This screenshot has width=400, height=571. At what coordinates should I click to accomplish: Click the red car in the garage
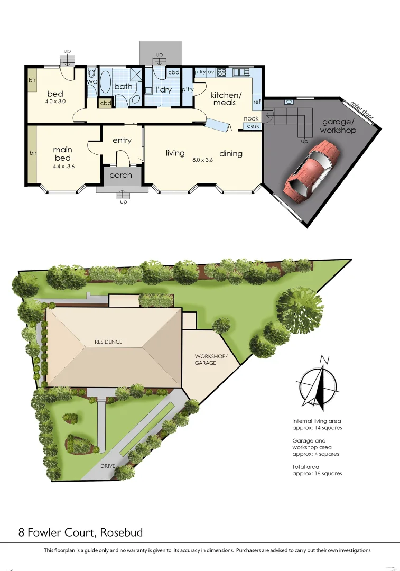tap(310, 168)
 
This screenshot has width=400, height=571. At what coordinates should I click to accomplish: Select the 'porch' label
tap(120, 176)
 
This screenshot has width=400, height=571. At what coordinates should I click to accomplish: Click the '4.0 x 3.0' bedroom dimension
tap(55, 102)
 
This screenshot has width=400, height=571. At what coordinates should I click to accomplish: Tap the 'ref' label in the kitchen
tap(257, 102)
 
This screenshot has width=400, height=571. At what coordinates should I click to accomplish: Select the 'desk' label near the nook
tap(253, 126)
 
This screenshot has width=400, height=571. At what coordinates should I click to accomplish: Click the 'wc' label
tap(91, 82)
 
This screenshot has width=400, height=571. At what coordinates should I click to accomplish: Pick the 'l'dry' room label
tap(163, 90)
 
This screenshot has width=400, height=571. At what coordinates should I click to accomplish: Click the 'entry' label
tap(122, 140)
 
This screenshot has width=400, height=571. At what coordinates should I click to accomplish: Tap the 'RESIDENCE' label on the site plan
tap(108, 342)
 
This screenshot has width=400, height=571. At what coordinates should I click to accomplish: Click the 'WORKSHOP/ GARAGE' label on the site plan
tap(211, 360)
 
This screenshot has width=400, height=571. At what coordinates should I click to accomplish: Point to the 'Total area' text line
tap(305, 467)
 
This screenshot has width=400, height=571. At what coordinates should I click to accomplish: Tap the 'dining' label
tap(231, 154)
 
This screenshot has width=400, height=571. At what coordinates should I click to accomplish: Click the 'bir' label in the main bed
tap(32, 153)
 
